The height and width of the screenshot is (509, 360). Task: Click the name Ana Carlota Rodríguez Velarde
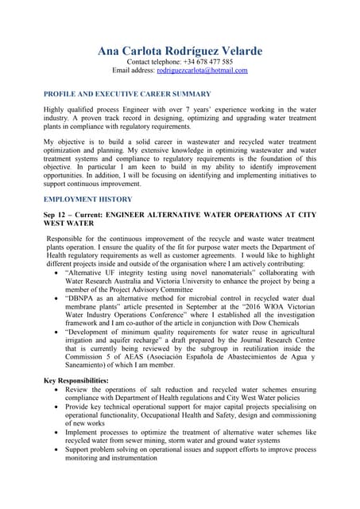tap(180, 51)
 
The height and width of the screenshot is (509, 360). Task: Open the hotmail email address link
tap(202, 70)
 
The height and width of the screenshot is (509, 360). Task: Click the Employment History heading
tap(87, 199)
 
